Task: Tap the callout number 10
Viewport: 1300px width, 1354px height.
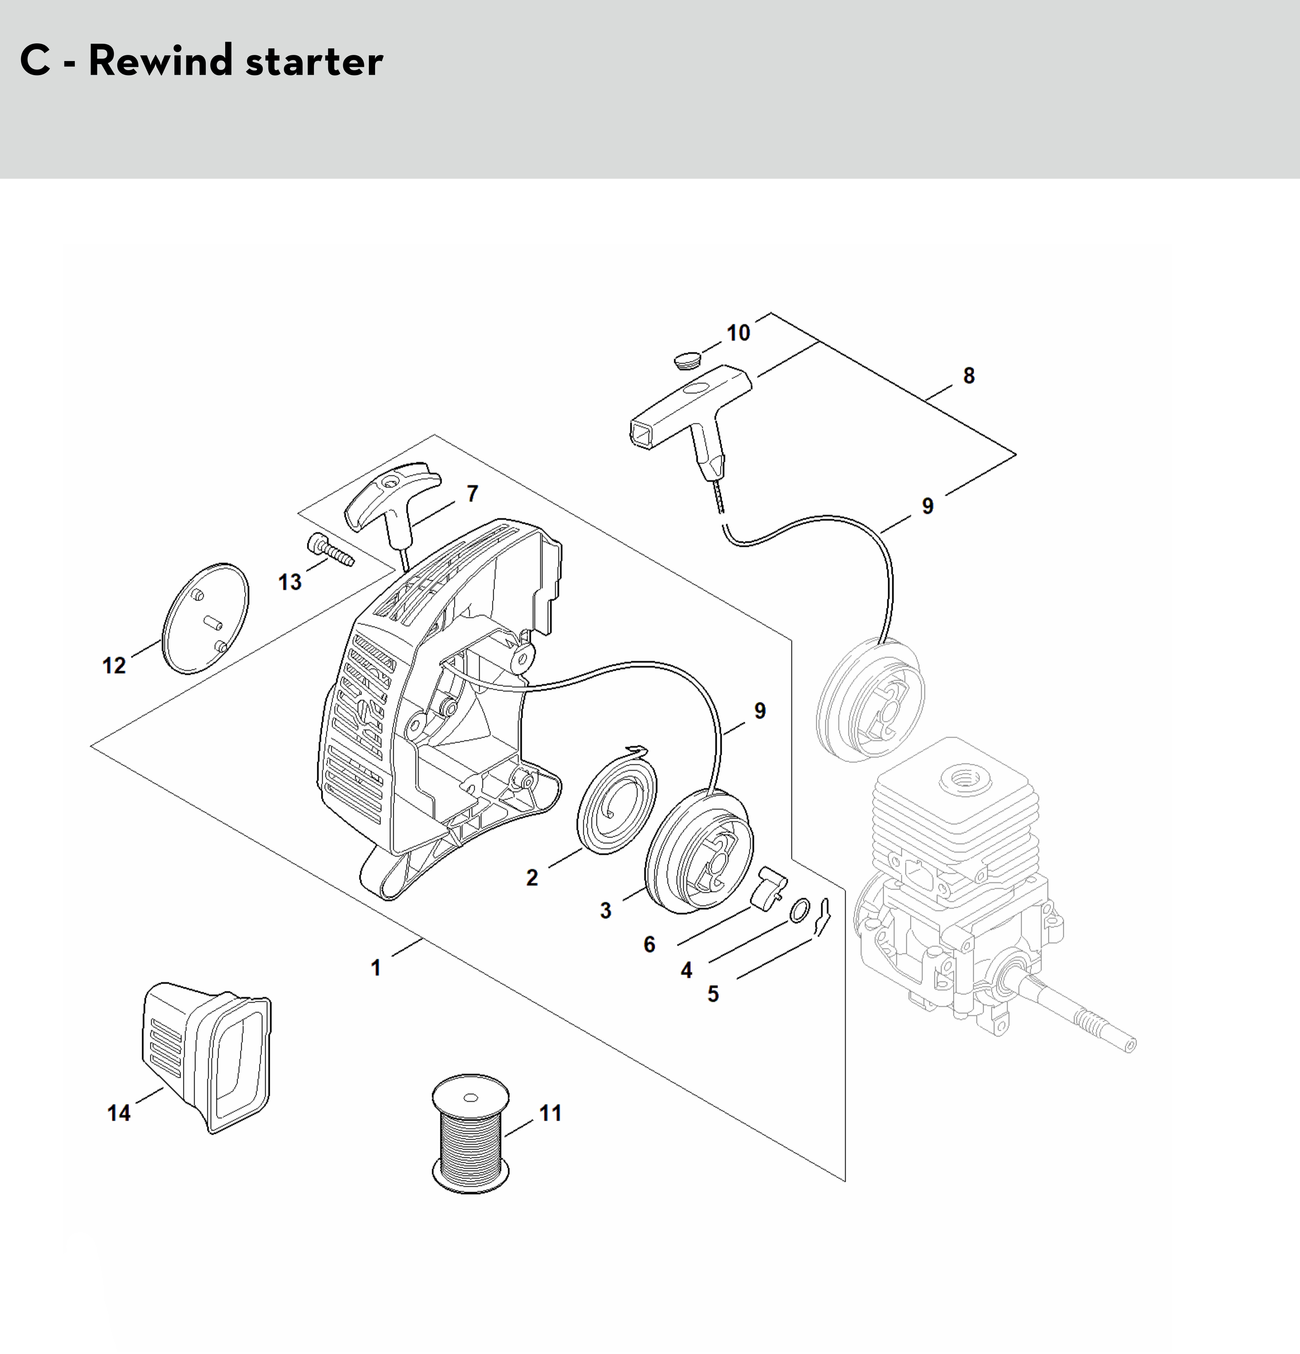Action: click(x=738, y=333)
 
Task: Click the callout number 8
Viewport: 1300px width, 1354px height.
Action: click(x=969, y=376)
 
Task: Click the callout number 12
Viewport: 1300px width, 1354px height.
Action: click(x=114, y=666)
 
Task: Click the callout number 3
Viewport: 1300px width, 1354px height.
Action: click(x=606, y=911)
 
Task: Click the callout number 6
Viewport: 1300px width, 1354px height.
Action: click(x=649, y=944)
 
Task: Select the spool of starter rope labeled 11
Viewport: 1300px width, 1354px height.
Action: click(x=470, y=1133)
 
